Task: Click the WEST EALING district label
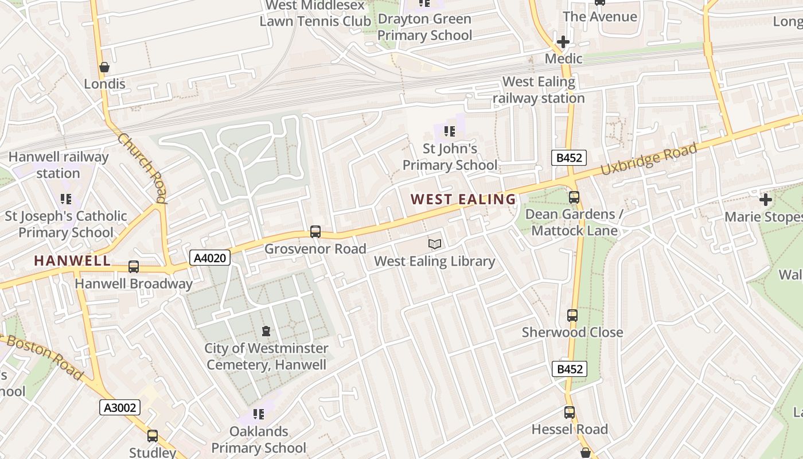pos(463,200)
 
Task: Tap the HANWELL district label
pos(72,260)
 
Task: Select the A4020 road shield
pos(210,258)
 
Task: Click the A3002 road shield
pos(120,407)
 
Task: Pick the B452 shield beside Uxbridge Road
pos(568,158)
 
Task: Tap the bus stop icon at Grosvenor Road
pos(315,232)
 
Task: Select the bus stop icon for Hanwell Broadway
pos(134,267)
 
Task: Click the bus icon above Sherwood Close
pos(572,316)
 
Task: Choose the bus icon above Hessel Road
pos(569,413)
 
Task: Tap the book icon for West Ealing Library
pos(435,244)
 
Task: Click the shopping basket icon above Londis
pos(104,67)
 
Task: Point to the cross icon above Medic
pos(563,42)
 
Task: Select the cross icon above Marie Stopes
pos(765,200)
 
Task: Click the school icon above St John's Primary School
pos(450,131)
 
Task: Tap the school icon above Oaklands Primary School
pos(259,414)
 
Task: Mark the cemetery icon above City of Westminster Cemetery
pos(266,331)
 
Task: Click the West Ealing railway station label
pos(539,90)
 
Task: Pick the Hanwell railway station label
pos(59,165)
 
